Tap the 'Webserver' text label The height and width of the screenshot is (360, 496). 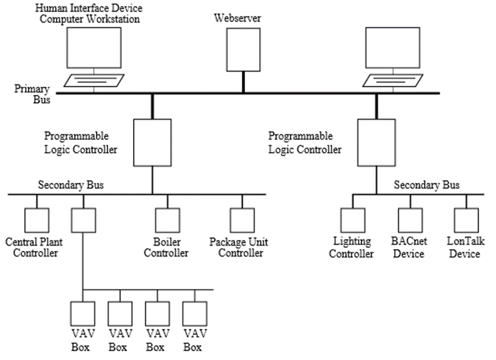pyautogui.click(x=238, y=18)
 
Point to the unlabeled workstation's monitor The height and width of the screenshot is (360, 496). pyautogui.click(x=391, y=48)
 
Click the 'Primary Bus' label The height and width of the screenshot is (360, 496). pyautogui.click(x=33, y=94)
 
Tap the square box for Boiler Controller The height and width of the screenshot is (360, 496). pyautogui.click(x=167, y=220)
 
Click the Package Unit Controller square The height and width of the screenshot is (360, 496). pyautogui.click(x=242, y=220)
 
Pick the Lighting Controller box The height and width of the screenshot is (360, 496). pyautogui.click(x=353, y=220)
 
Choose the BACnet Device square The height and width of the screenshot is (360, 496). pyautogui.click(x=410, y=220)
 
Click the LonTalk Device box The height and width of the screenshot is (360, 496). pyautogui.click(x=466, y=220)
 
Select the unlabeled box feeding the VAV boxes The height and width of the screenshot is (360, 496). pyautogui.click(x=83, y=220)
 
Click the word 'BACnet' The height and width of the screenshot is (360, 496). pyautogui.click(x=410, y=242)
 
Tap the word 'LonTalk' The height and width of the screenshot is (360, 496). pyautogui.click(x=465, y=242)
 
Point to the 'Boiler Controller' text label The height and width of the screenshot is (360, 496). pyautogui.click(x=167, y=247)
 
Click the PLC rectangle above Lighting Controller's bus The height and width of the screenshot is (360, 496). pyautogui.click(x=376, y=142)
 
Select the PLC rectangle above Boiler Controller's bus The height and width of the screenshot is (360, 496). pyautogui.click(x=152, y=142)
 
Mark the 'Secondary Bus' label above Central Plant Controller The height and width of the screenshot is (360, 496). pyautogui.click(x=71, y=186)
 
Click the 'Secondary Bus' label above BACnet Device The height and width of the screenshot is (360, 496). pyautogui.click(x=426, y=186)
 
